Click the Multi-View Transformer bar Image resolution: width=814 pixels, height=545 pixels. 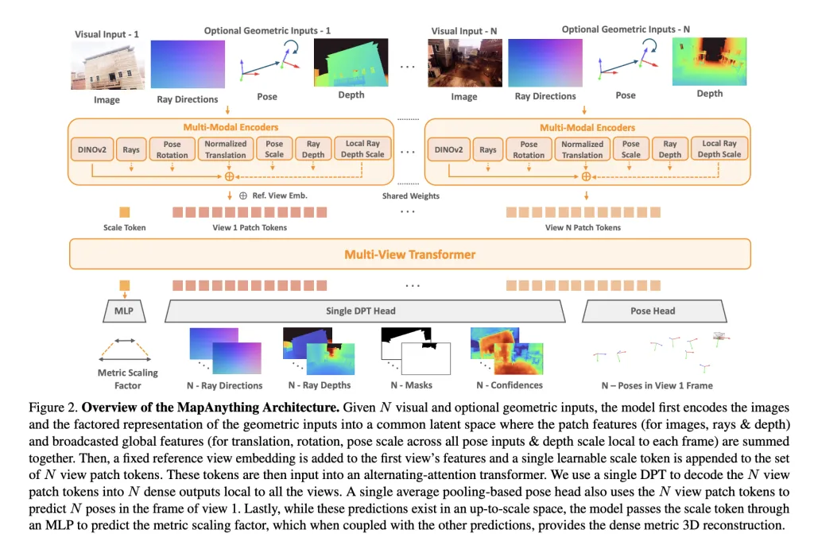[x=409, y=255]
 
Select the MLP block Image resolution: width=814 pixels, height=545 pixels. [x=123, y=311]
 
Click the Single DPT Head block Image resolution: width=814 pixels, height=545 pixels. [x=360, y=311]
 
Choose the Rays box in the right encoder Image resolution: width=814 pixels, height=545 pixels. [x=488, y=149]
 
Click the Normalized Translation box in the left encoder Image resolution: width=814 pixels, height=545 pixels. [x=226, y=149]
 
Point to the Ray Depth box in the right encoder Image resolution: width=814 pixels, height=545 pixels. [x=670, y=149]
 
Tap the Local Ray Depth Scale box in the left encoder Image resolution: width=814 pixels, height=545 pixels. [x=363, y=149]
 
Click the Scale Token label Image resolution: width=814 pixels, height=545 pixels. [x=125, y=227]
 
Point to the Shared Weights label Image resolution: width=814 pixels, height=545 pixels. [x=409, y=195]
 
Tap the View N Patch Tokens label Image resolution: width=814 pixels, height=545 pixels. [x=583, y=227]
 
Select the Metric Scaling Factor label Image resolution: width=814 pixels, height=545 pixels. [x=127, y=379]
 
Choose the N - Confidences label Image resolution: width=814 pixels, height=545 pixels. [x=510, y=385]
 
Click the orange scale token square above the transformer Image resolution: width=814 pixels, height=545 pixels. [x=125, y=212]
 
